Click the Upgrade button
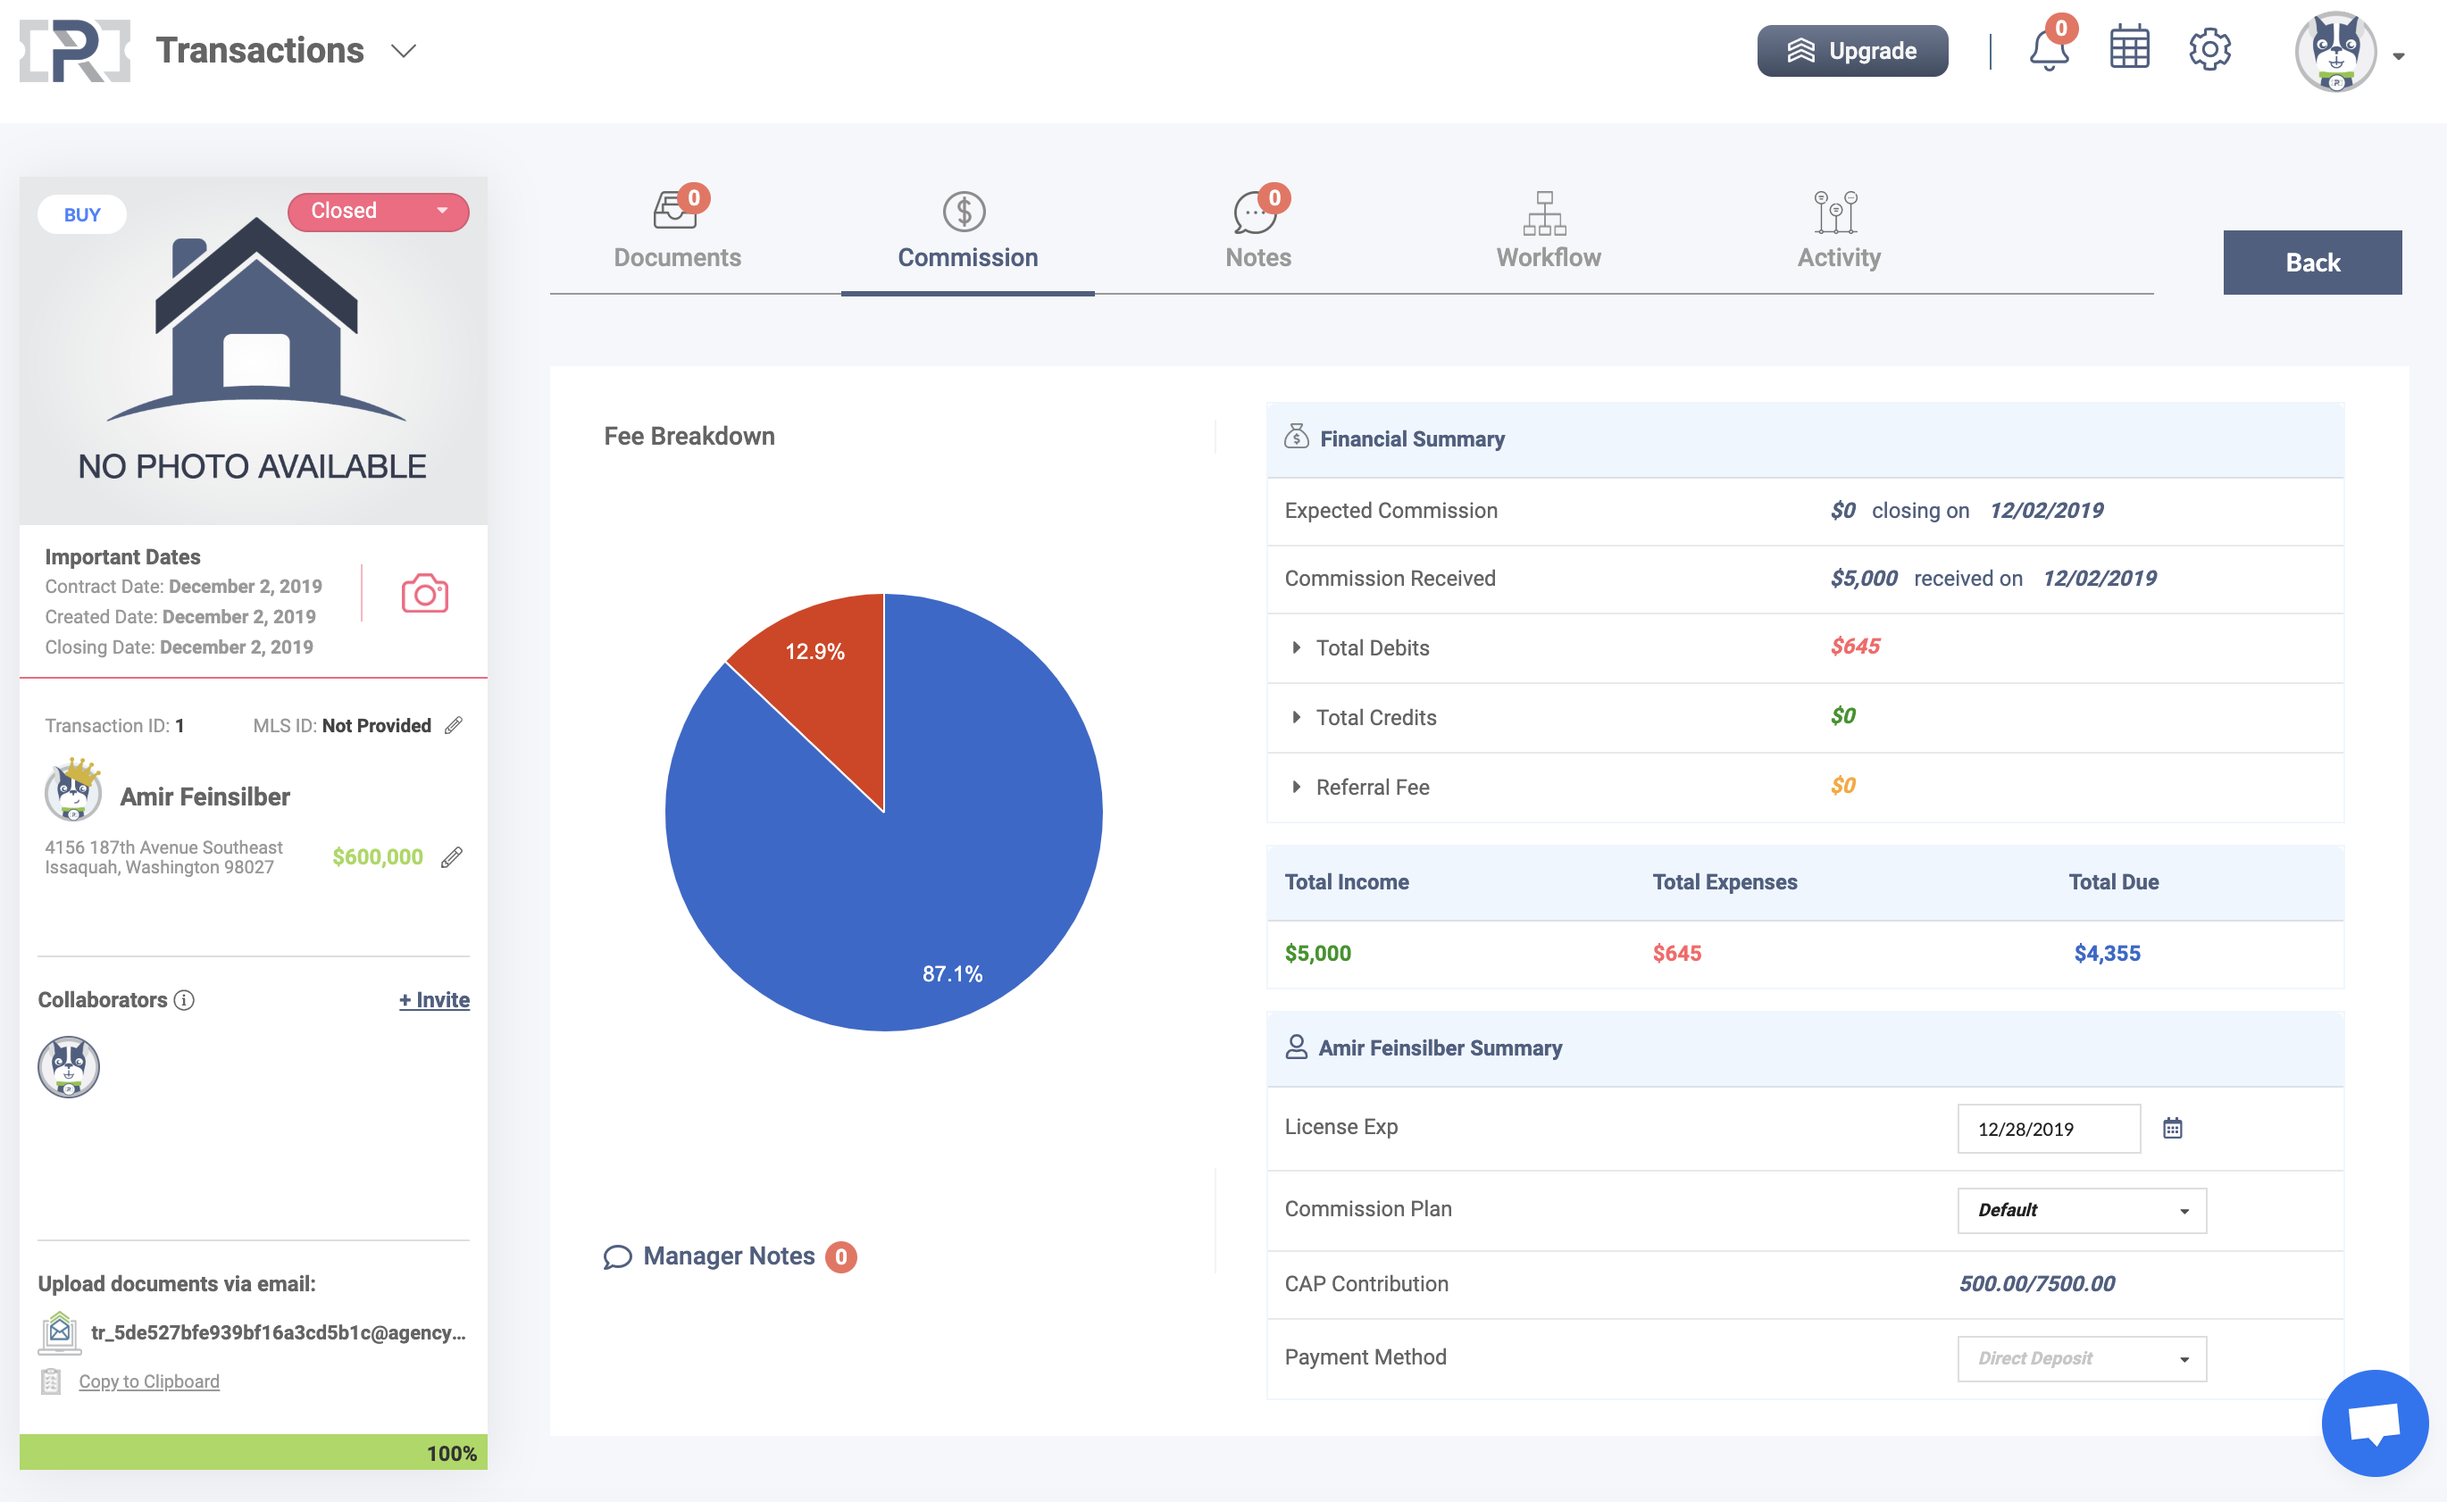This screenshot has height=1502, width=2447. tap(1852, 51)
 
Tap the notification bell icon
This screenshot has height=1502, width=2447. tap(2048, 50)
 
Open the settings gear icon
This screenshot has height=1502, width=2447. tap(2209, 50)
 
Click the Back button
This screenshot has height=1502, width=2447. tap(2312, 263)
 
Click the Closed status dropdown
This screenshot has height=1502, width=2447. tap(378, 212)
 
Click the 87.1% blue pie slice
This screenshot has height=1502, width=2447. tap(894, 894)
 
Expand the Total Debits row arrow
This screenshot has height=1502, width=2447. tap(1296, 647)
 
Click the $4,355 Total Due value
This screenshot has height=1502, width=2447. tap(2106, 954)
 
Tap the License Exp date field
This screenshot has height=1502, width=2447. tap(2048, 1129)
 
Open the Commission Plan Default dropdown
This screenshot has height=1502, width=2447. tap(2082, 1210)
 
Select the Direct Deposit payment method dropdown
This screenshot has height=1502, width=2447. tap(2082, 1358)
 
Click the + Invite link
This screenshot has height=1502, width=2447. tap(434, 999)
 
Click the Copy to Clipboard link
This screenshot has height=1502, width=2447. tap(149, 1381)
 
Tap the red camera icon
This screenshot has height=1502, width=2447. tap(424, 593)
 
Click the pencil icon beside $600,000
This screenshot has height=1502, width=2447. tap(452, 856)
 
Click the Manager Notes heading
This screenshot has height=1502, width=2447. tap(728, 1256)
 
